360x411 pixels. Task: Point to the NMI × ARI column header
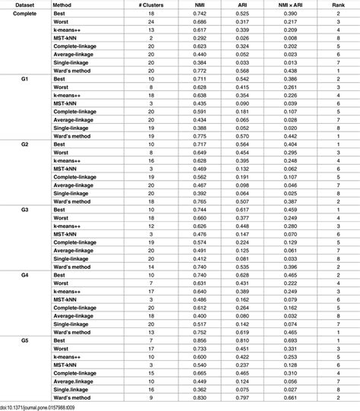(x=287, y=5)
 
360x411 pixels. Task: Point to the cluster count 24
(x=152, y=23)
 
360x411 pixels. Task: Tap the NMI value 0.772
(x=199, y=70)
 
